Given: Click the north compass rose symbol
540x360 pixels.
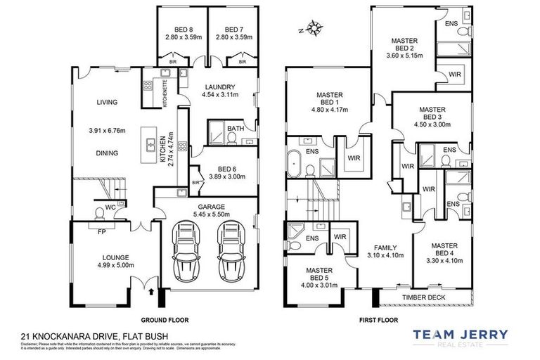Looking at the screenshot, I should coord(314,30).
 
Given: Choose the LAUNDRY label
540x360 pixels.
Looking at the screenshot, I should coord(218,88).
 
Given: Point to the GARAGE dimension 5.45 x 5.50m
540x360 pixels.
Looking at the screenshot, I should coord(208,214).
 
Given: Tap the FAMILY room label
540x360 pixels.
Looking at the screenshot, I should coord(385,248).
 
